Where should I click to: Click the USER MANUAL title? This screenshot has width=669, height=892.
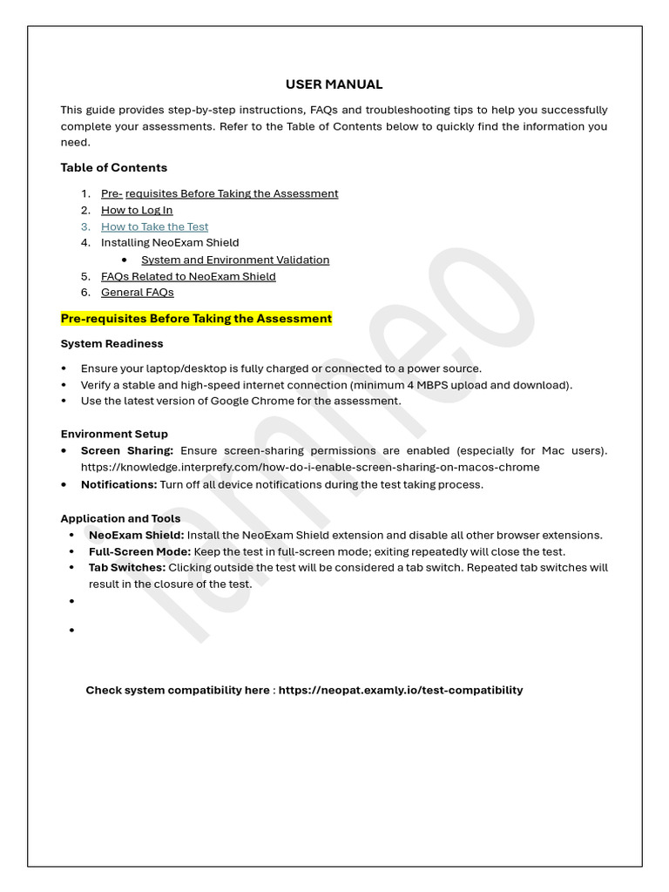click(334, 84)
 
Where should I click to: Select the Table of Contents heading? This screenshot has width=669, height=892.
click(114, 167)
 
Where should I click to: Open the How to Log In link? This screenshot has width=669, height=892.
click(137, 210)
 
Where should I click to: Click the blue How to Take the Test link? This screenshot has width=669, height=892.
click(155, 226)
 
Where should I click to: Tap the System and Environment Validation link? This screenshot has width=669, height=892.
click(235, 260)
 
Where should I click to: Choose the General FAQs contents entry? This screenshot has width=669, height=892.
click(138, 293)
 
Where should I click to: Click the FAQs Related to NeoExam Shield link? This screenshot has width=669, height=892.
click(188, 276)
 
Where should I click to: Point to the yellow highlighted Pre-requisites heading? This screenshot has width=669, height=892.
click(196, 319)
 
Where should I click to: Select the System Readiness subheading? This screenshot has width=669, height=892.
click(111, 343)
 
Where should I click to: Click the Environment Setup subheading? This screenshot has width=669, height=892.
click(114, 434)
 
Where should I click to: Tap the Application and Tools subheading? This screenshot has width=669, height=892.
click(120, 518)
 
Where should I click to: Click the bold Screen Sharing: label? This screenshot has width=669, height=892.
click(127, 450)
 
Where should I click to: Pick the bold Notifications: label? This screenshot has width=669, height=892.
click(119, 484)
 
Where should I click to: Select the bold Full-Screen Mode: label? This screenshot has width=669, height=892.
click(139, 551)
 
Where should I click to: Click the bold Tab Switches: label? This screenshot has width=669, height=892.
click(127, 568)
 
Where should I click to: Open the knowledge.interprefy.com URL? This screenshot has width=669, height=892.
click(310, 467)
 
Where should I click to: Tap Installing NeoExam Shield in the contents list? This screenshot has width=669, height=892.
click(170, 243)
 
